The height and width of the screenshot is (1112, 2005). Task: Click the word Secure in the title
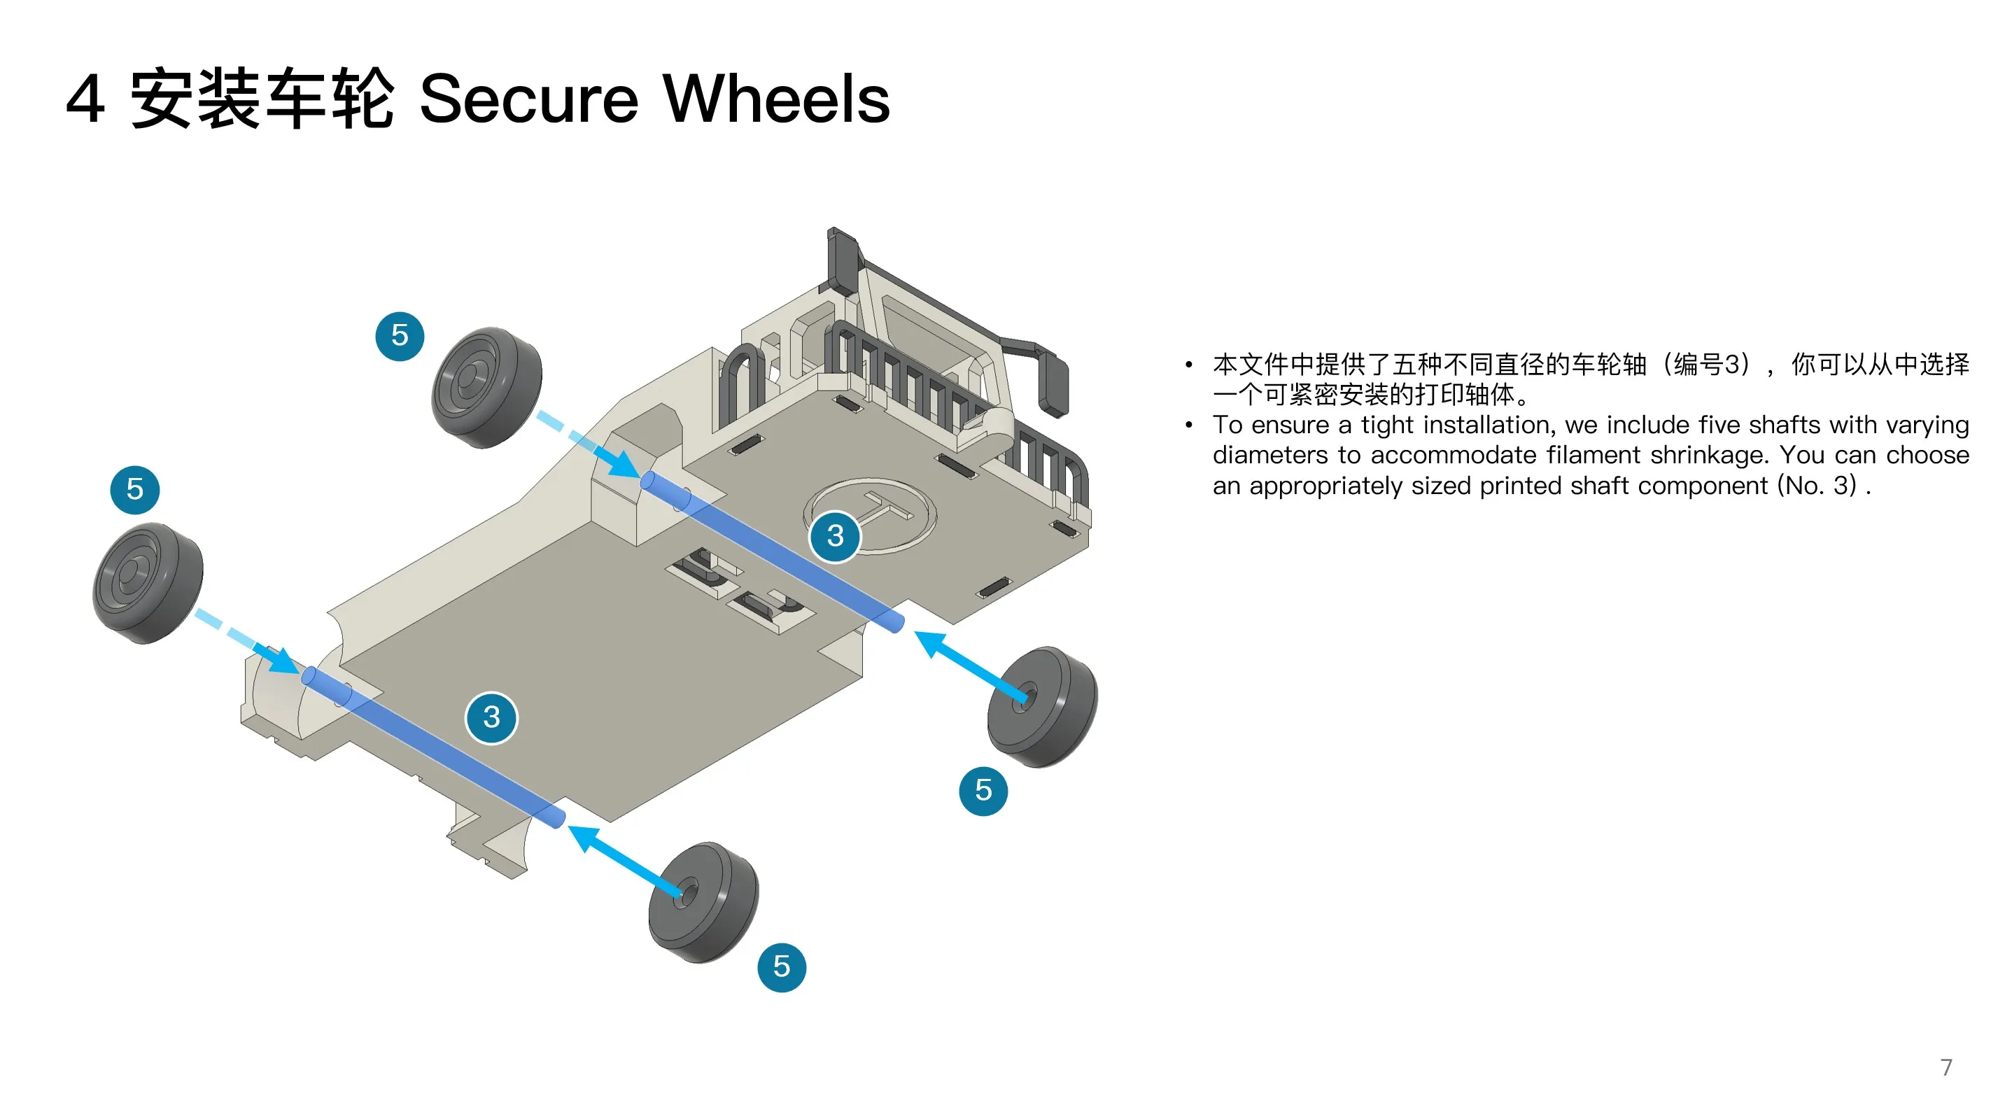(528, 99)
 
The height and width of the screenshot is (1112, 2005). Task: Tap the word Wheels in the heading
(776, 99)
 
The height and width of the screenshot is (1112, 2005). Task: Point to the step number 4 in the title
(85, 99)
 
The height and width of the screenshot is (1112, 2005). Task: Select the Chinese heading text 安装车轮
(262, 99)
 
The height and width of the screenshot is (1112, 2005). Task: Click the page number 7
(1946, 1067)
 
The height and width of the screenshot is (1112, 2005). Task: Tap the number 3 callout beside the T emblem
(835, 535)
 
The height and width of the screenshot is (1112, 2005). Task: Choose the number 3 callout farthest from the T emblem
(491, 717)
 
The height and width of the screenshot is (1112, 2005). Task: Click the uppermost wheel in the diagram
(486, 388)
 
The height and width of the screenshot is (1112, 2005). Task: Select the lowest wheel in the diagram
(703, 902)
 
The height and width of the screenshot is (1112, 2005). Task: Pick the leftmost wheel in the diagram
(148, 583)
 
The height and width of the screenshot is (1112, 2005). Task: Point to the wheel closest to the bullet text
(1042, 707)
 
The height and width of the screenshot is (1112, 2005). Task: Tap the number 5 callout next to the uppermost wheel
(400, 336)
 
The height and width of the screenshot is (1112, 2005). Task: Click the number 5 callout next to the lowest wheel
(782, 967)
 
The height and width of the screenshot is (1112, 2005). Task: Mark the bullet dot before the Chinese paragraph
(1188, 364)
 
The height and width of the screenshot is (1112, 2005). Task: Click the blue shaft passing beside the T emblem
(773, 551)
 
